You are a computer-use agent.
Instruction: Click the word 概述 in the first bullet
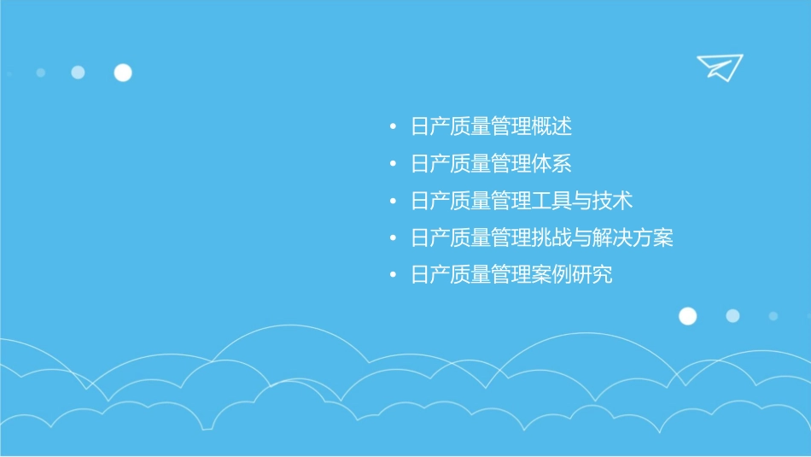pos(551,127)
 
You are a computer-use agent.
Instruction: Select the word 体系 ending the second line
pos(551,164)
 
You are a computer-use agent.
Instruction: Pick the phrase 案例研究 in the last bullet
pos(572,275)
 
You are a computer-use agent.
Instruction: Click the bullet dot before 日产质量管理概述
pos(392,128)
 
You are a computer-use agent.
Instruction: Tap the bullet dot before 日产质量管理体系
pos(392,165)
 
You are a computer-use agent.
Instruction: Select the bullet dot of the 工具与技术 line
pos(392,202)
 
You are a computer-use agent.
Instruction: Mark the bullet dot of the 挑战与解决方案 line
pos(392,238)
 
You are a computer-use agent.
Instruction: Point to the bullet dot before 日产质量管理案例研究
pos(392,276)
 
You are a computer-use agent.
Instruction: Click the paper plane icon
pos(719,67)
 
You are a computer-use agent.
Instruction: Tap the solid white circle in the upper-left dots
pos(123,73)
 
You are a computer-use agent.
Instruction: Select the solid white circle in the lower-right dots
pos(687,316)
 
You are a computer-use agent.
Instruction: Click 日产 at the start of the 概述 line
pos(430,127)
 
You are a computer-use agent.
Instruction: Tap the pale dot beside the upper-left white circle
pos(78,73)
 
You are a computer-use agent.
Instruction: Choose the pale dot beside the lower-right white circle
pos(732,316)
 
